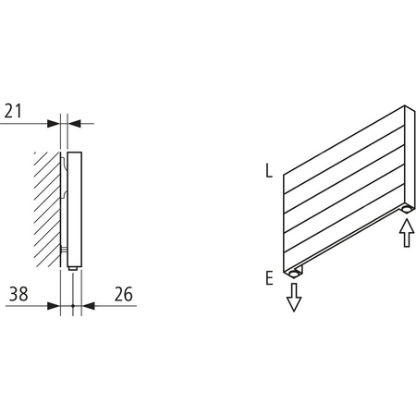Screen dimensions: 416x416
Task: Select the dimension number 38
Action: (x=17, y=295)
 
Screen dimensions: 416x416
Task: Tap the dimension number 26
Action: (x=122, y=295)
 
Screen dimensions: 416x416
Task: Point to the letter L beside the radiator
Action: (x=268, y=171)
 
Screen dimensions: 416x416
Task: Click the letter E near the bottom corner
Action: (x=268, y=276)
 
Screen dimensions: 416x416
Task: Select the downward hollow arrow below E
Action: (x=294, y=297)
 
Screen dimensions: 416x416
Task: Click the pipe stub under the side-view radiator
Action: (x=72, y=268)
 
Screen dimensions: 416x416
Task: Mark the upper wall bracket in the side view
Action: (x=64, y=166)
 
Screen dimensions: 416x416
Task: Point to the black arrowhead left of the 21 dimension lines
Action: (x=55, y=122)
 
